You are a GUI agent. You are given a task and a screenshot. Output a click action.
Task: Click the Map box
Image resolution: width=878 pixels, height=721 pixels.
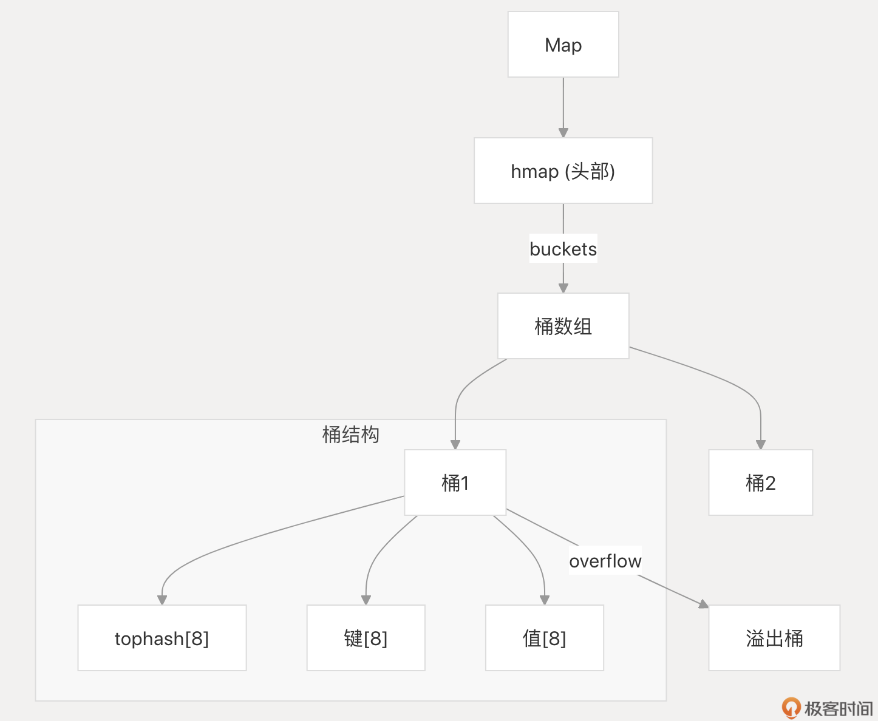(x=563, y=44)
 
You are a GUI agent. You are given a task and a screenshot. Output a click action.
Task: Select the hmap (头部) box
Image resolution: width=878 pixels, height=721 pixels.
(x=563, y=171)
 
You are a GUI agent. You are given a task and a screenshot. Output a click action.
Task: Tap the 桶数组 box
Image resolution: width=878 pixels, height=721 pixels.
(x=563, y=326)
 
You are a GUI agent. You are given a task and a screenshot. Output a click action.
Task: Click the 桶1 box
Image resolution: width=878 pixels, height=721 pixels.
(x=455, y=482)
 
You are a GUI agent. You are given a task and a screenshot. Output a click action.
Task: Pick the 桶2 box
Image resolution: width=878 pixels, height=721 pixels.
(x=760, y=482)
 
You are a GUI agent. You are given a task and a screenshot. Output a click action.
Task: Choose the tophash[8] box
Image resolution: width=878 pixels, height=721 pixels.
(x=162, y=638)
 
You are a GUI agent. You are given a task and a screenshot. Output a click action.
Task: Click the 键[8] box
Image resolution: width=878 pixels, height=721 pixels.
(x=366, y=638)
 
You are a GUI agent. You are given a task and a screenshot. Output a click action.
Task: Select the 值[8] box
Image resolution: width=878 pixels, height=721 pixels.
(x=544, y=638)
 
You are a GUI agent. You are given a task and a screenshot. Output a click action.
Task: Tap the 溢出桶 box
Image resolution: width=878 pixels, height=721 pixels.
(x=774, y=638)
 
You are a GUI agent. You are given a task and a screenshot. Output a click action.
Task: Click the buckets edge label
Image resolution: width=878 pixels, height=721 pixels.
(x=563, y=249)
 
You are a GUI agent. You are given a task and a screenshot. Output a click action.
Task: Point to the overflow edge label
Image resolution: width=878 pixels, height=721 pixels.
(x=605, y=561)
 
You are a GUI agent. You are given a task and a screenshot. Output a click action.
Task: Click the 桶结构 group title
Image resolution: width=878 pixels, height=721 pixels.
(x=350, y=435)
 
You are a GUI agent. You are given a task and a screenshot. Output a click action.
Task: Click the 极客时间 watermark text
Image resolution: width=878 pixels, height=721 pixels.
(x=839, y=708)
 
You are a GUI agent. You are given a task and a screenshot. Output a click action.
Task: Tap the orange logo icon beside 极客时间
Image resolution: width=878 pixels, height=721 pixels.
(x=791, y=707)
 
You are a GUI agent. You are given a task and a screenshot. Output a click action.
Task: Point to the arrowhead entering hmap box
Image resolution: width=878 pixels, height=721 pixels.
(x=563, y=132)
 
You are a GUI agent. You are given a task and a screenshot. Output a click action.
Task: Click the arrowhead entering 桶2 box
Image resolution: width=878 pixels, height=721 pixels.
(x=760, y=444)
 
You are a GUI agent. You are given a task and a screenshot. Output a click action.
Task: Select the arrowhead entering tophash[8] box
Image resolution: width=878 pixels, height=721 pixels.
(x=162, y=600)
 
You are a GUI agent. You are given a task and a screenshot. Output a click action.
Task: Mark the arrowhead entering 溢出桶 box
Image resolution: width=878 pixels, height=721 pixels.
(x=704, y=604)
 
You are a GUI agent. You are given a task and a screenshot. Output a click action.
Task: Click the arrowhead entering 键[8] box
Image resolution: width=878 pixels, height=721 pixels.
(x=366, y=600)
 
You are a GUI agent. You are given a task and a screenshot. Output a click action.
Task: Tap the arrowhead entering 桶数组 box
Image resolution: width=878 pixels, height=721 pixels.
(x=563, y=288)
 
